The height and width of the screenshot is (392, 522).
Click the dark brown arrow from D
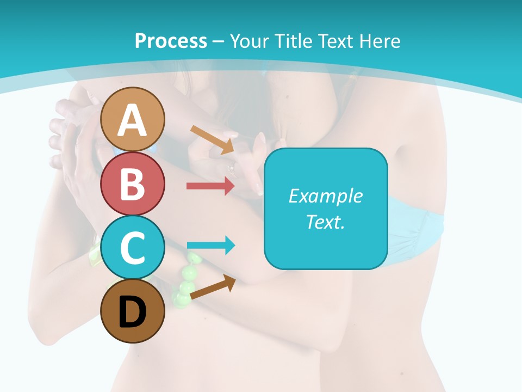pos(213,287)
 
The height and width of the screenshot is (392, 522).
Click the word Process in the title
pos(171,41)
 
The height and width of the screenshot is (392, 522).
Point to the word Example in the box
pos(325,196)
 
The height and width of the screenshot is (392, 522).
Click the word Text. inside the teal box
pos(325,222)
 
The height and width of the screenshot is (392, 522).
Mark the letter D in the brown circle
pos(133,313)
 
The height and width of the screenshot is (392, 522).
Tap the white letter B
pos(133,184)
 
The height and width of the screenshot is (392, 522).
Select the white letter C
pos(133,248)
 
